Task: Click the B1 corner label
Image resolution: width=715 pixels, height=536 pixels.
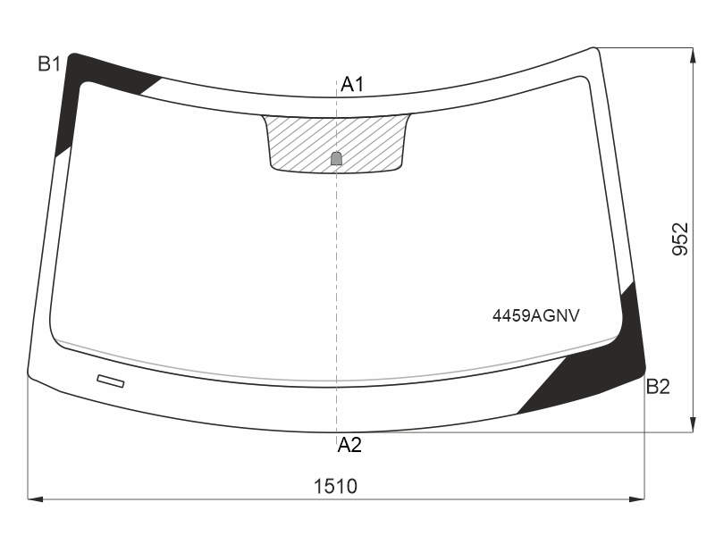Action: [x=49, y=64]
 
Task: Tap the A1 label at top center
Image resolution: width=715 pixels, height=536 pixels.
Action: [x=352, y=84]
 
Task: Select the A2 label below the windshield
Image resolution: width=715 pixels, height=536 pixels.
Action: [x=349, y=444]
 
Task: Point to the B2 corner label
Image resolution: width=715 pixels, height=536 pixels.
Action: [x=658, y=387]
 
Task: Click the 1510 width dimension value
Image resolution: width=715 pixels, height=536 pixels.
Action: [x=336, y=486]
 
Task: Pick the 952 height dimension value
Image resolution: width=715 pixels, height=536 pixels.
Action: [x=680, y=239]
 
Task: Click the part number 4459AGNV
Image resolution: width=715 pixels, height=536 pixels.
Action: [x=535, y=315]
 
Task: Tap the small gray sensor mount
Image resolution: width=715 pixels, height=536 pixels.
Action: [x=336, y=158]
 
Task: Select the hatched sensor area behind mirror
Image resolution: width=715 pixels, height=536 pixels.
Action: [x=336, y=142]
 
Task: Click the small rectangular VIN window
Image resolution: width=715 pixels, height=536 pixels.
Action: [x=111, y=381]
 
